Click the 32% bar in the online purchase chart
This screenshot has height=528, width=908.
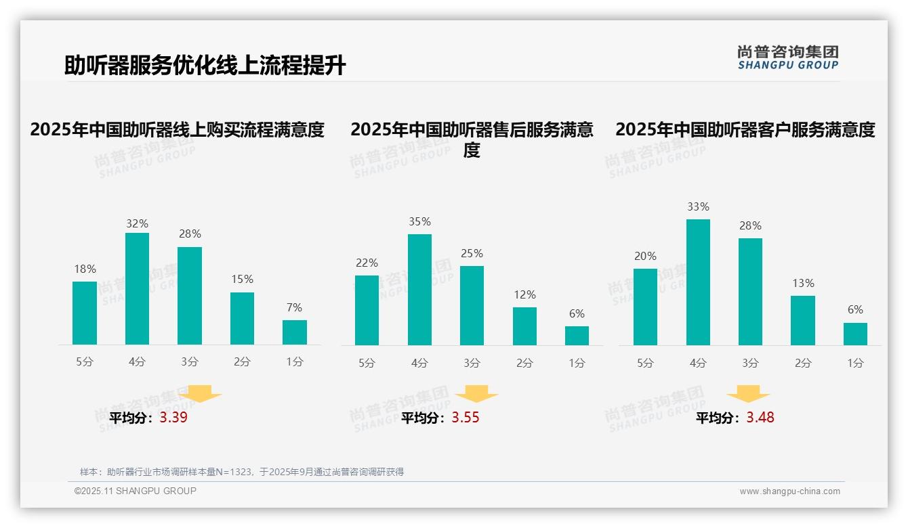tap(137, 289)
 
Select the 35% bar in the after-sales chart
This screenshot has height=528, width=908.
tap(419, 290)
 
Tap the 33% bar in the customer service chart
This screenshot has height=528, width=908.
tap(698, 282)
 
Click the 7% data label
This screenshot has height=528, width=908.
tap(294, 307)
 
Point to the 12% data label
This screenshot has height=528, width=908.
tap(524, 294)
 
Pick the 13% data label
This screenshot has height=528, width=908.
tap(803, 283)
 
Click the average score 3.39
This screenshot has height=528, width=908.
tap(173, 418)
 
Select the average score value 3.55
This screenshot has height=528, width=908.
tap(466, 418)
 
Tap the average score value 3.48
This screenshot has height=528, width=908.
tap(760, 418)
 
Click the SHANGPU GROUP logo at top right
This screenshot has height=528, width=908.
tap(787, 57)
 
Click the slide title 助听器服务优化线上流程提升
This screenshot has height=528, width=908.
tap(205, 66)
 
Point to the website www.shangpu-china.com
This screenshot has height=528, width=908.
tap(789, 491)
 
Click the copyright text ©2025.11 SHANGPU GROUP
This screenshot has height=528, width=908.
tap(136, 491)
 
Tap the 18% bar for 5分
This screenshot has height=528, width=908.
tap(85, 313)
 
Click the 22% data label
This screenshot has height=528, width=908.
tap(367, 263)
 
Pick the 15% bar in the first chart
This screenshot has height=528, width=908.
tap(242, 318)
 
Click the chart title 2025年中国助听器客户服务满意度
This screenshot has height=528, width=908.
tap(745, 129)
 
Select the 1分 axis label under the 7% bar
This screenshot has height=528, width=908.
tap(294, 362)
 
